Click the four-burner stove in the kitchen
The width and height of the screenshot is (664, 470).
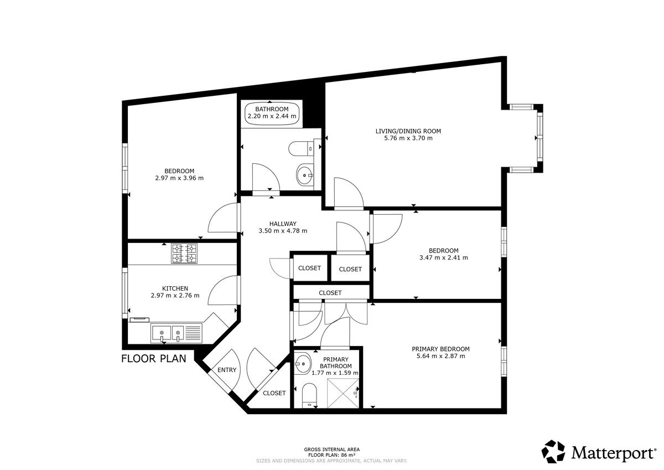coord(184,253)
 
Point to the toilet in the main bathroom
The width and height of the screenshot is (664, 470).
coord(301,148)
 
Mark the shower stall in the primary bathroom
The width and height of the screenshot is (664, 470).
coord(343,394)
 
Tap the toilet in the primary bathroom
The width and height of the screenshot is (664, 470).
coord(309,396)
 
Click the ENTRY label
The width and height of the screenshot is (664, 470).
coord(227,370)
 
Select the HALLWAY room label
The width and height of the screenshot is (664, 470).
coord(283,224)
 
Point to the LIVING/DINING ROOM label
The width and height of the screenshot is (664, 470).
coord(408,131)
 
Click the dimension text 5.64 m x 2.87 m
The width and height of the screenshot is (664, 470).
coord(441,356)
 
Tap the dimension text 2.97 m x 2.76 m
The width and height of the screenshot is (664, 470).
coord(175,296)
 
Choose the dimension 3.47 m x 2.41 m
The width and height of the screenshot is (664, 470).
coord(443,257)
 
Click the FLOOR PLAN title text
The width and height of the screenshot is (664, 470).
coord(154,359)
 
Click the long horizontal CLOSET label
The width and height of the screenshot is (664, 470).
coord(330,293)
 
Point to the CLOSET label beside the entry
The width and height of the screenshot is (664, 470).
coord(274,393)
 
